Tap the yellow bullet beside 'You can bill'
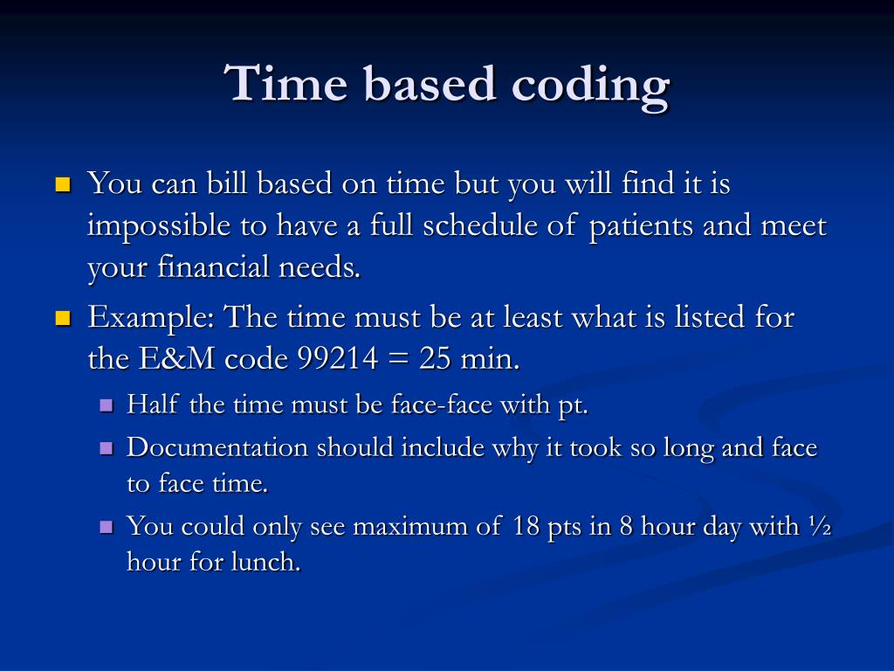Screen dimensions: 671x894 62,185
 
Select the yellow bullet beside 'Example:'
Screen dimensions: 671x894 62,318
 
